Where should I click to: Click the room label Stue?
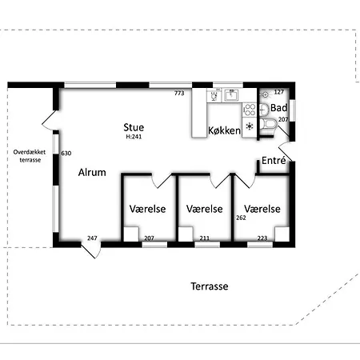[x=134, y=127]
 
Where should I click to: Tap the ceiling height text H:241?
[x=134, y=137]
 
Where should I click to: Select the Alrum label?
[x=92, y=172]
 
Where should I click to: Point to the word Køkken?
[x=224, y=130]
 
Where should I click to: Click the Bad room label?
[x=279, y=108]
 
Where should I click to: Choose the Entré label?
[x=274, y=160]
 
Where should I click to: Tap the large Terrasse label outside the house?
[x=210, y=286]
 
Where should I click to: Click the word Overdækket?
[x=30, y=152]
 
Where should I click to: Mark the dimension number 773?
[x=179, y=93]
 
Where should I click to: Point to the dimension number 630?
[x=66, y=153]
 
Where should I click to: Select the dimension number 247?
[x=92, y=238]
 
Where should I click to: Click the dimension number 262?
[x=241, y=218]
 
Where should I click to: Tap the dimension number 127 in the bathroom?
[x=278, y=92]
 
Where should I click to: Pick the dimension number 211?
[x=205, y=238]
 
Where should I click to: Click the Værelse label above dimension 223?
[x=262, y=209]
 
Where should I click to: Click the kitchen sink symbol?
[x=231, y=95]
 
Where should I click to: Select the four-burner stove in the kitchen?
[x=250, y=110]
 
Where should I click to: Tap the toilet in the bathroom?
[x=268, y=125]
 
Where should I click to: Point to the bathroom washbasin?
[x=264, y=109]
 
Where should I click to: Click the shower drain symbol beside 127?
[x=265, y=94]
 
